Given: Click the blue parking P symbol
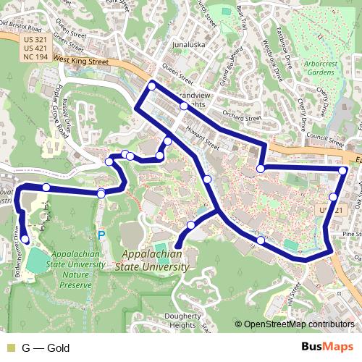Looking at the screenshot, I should tap(101, 235).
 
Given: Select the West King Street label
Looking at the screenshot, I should tap(80, 63).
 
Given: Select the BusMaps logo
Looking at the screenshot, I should tap(323, 348).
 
